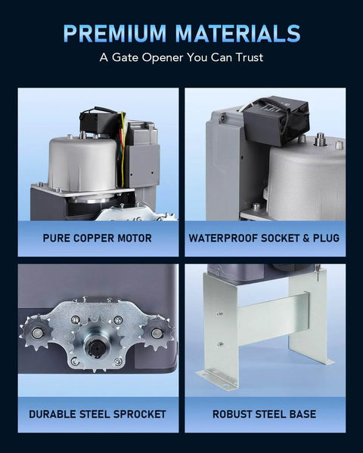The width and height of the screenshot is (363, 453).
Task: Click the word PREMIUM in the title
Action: point(115,32)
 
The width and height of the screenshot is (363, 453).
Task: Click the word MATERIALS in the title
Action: point(237,32)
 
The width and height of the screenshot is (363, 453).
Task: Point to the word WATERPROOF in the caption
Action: point(224,239)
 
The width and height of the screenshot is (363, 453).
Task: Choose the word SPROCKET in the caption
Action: point(139,414)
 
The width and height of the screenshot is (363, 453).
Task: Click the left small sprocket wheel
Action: point(36,332)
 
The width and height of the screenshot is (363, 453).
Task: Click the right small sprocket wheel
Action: point(157,333)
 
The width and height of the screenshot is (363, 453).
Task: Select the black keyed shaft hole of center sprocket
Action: point(95,346)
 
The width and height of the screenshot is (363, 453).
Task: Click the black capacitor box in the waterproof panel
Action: point(275,120)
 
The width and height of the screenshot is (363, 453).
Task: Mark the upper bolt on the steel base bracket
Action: point(219,313)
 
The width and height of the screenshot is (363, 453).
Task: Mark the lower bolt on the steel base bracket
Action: point(220,344)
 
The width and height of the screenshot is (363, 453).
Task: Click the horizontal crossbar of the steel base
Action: point(272,317)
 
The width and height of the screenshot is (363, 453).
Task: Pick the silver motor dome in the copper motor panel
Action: point(83,163)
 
